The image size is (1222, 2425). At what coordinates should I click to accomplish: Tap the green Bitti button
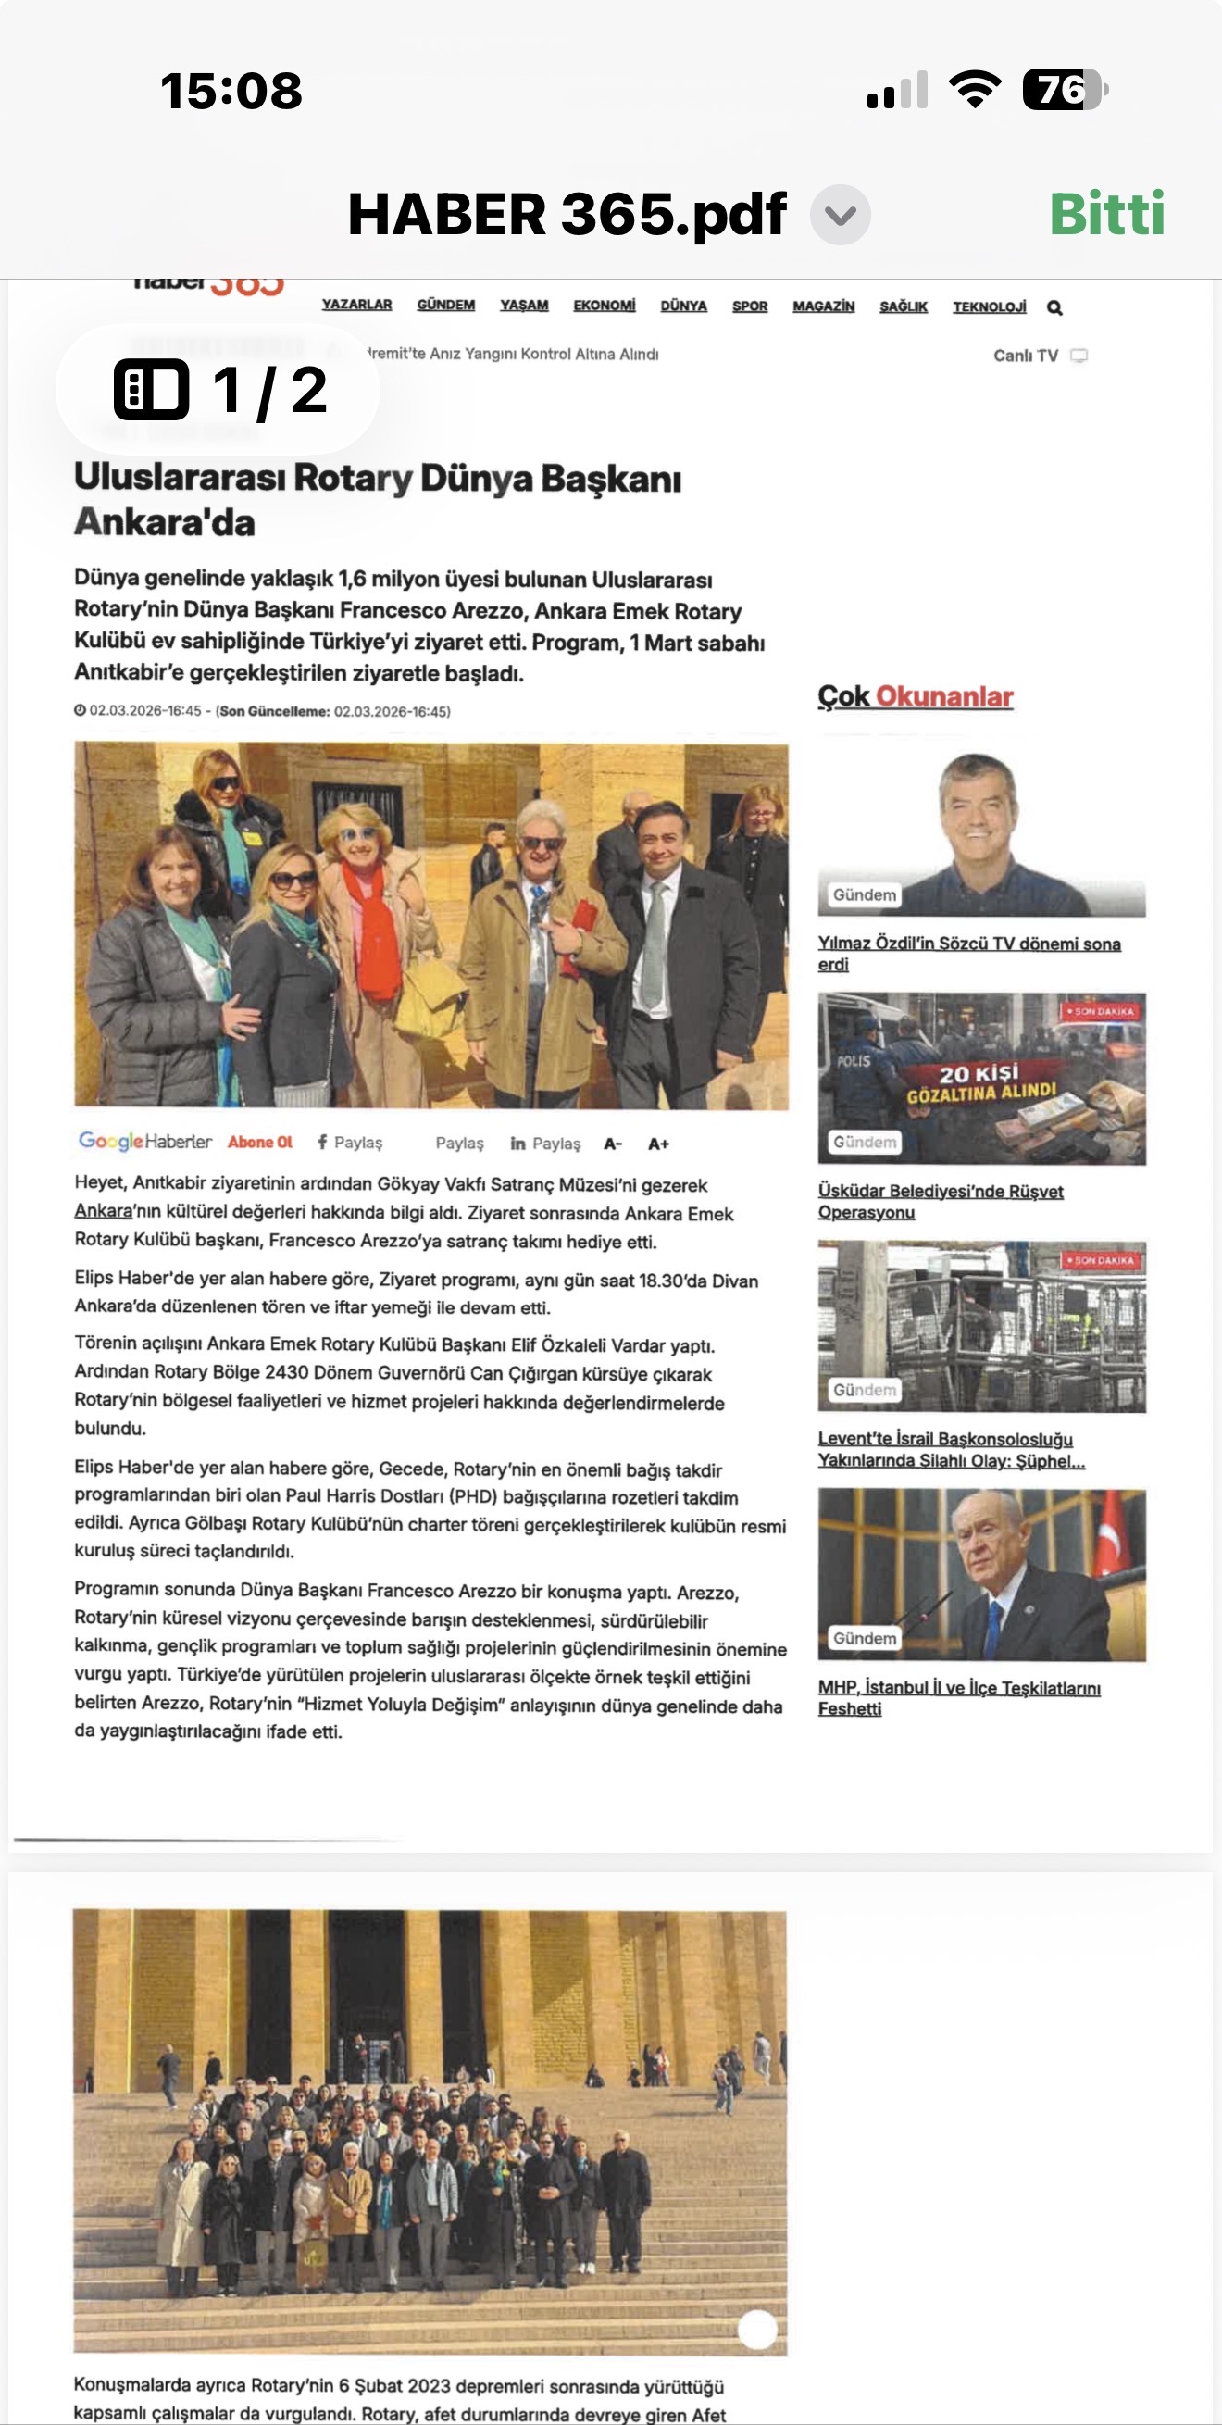point(1106,214)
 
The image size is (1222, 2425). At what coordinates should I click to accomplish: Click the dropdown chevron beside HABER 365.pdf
point(840,216)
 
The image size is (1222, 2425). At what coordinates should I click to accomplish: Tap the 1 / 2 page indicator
point(219,390)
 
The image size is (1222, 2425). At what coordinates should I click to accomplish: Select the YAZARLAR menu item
point(355,305)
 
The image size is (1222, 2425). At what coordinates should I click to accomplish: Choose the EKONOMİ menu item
point(604,306)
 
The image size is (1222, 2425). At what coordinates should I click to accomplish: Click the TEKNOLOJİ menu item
point(989,306)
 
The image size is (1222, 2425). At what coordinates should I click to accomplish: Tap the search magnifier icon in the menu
point(1054,307)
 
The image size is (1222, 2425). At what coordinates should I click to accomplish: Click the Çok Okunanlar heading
point(915,696)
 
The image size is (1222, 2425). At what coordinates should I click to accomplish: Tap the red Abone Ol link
point(260,1142)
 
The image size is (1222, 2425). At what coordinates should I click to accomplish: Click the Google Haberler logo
point(145,1141)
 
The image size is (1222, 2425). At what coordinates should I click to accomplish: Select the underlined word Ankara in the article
point(103,1211)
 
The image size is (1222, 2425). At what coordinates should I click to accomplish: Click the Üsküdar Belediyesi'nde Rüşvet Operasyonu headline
point(940,1201)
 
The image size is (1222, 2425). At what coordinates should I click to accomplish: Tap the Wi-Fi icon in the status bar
point(975,91)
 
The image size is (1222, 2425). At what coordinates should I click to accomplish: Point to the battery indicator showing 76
point(1064,91)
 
